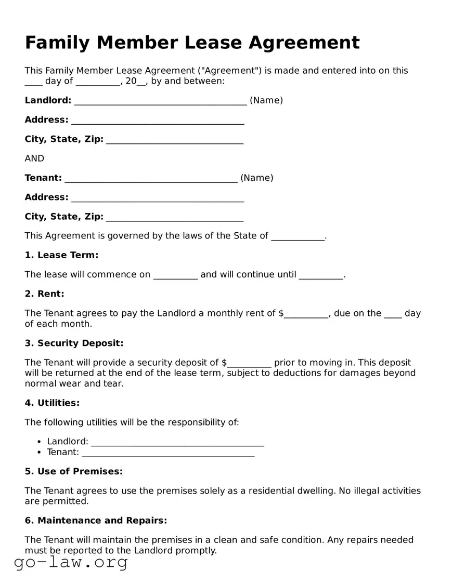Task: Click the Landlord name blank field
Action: pyautogui.click(x=160, y=102)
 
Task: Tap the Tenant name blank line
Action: pyautogui.click(x=151, y=179)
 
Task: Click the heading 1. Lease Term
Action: pyautogui.click(x=61, y=255)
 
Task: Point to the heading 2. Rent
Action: pyautogui.click(x=45, y=294)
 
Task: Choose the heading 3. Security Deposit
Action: pyautogui.click(x=74, y=343)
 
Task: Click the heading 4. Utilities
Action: pyautogui.click(x=52, y=403)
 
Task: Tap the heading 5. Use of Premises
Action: pyautogui.click(x=73, y=472)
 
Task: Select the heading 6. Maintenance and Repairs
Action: pyautogui.click(x=96, y=521)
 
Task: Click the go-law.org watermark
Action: pyautogui.click(x=71, y=562)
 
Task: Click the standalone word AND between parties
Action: pyautogui.click(x=34, y=158)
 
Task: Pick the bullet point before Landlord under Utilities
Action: pyautogui.click(x=40, y=442)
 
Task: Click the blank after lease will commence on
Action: pyautogui.click(x=175, y=276)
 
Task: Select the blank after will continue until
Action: pyautogui.click(x=321, y=276)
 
